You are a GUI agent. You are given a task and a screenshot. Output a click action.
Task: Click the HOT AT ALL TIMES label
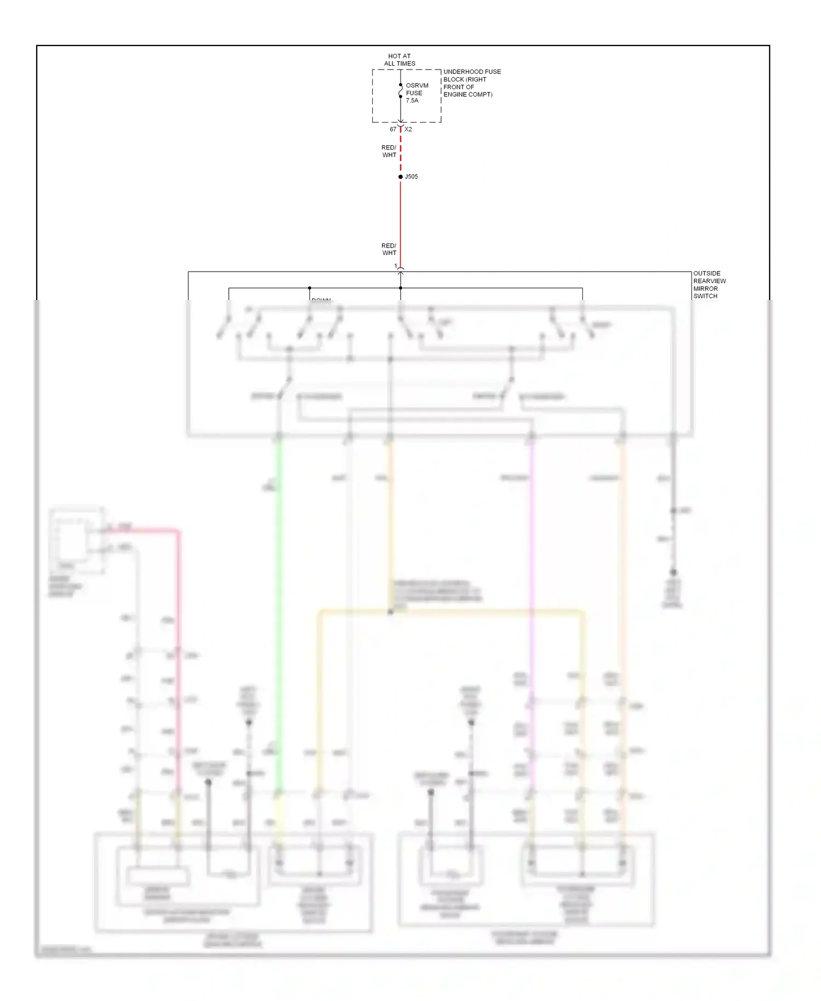400,60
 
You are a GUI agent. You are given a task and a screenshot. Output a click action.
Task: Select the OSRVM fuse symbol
401,91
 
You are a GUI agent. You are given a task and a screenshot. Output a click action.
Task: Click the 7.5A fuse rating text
412,101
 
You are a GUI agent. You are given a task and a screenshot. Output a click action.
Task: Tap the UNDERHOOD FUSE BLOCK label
471,83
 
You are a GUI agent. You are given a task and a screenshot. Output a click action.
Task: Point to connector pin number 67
392,129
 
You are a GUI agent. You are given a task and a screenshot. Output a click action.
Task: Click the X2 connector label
408,129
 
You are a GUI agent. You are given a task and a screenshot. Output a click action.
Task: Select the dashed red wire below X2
401,151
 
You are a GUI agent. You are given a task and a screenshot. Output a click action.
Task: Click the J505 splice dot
401,177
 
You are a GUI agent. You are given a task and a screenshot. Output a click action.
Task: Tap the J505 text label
412,177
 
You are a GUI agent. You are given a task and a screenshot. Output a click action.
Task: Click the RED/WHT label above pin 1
389,249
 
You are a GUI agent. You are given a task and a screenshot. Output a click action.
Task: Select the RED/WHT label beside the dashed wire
389,151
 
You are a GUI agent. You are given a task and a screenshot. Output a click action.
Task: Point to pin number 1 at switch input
396,266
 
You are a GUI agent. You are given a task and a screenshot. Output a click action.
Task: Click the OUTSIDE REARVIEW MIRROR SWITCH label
709,285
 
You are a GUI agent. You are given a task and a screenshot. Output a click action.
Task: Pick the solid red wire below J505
401,219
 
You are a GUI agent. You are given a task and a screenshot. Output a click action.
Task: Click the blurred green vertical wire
279,602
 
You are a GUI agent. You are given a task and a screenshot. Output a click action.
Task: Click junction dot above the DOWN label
309,288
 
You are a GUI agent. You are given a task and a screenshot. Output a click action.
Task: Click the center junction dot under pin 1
401,288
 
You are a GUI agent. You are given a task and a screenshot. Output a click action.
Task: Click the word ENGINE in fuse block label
455,95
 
